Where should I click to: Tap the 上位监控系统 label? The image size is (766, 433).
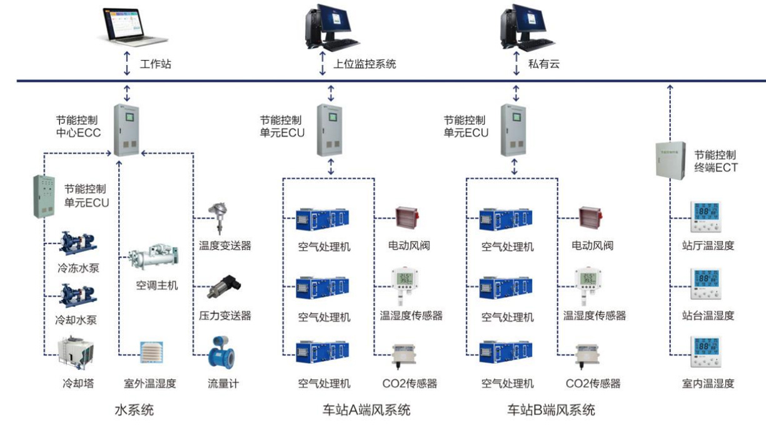pyautogui.click(x=365, y=64)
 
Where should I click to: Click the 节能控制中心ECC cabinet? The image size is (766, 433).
pyautogui.click(x=127, y=130)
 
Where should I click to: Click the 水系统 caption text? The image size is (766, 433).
pyautogui.click(x=134, y=411)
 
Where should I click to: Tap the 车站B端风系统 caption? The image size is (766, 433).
pyautogui.click(x=551, y=411)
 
